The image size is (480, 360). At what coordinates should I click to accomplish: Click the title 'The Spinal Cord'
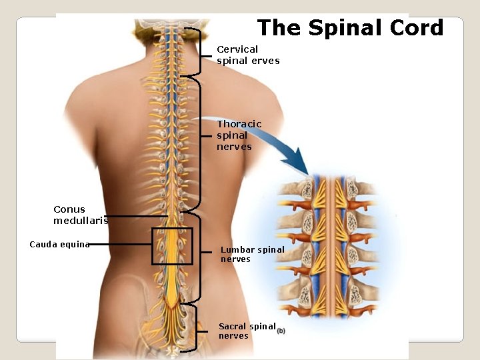[350, 28]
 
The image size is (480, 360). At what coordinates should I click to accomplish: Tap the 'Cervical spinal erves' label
[247, 55]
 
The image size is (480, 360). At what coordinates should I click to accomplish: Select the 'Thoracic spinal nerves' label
[239, 135]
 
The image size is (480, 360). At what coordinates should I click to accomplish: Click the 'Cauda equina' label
[59, 245]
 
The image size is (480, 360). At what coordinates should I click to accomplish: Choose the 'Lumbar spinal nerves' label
[252, 254]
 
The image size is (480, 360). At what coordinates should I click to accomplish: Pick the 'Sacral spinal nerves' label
[247, 331]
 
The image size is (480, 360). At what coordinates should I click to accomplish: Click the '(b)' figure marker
[281, 331]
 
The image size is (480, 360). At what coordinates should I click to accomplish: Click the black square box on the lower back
[172, 246]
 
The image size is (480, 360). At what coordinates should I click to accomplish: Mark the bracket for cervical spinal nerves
[199, 51]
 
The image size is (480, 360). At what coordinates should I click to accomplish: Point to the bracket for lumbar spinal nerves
[199, 257]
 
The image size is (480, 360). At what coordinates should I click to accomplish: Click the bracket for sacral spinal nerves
[199, 327]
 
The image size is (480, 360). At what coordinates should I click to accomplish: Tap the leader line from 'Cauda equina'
[120, 245]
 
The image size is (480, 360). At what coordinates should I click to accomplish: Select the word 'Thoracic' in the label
[239, 124]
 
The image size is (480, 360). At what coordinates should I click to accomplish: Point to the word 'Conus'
[69, 209]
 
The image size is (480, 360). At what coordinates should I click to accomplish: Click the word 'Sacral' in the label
[232, 327]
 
